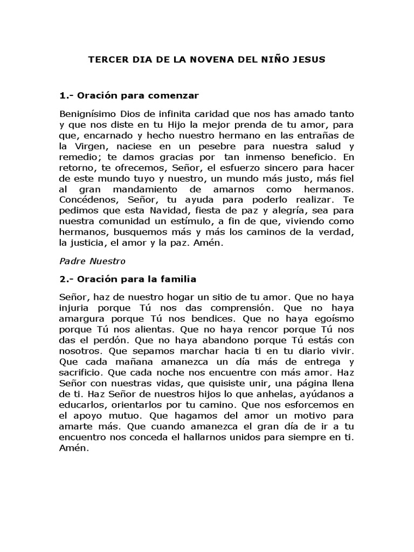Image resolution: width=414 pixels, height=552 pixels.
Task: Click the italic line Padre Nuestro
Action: coord(92,261)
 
